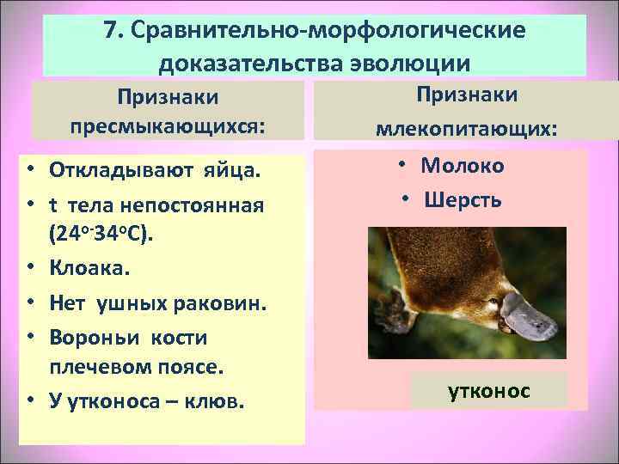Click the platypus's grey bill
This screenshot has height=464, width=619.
click(528, 317)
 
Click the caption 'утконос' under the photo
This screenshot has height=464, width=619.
click(489, 391)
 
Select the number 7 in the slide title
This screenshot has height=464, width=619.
click(110, 32)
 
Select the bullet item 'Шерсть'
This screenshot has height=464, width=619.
click(463, 199)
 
